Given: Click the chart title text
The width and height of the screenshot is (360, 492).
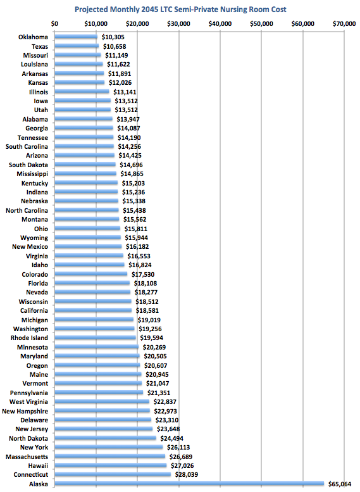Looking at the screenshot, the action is pos(180,9).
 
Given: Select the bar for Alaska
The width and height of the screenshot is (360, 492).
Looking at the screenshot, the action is pos(189,484).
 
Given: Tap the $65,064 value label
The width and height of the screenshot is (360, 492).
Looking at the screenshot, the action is pos(340,484).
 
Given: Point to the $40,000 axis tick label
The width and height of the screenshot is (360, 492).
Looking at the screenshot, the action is pos(220,24).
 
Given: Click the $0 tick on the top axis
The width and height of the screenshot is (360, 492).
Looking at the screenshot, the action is pos(54,24).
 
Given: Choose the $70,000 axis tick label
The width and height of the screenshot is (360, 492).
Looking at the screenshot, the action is pos(344,24).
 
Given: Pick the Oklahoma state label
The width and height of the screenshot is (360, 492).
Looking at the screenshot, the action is pos(34,37).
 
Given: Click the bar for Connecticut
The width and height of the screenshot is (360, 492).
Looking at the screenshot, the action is pos(113,474).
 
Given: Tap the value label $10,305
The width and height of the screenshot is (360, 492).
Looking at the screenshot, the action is pos(113,37).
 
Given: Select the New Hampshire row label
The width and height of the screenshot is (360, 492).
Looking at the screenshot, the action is pos(25,411).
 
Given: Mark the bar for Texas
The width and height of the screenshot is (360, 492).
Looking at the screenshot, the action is pos(77,46).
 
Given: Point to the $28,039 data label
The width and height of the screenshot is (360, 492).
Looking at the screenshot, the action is pos(186,474).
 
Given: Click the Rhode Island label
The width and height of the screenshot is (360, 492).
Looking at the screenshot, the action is pos(30,338).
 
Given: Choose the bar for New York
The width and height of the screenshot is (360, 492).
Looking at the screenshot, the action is pos(109,447).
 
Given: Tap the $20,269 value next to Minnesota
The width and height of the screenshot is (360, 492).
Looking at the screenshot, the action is pos(154,348).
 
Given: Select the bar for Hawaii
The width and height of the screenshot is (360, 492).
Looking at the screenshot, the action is pos(111,465).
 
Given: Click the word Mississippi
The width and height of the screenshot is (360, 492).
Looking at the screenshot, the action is pos(32,174).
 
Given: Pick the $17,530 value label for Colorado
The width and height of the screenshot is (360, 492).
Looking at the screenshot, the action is pos(143,275).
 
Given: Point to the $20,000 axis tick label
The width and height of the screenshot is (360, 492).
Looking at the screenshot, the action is pos(137,24).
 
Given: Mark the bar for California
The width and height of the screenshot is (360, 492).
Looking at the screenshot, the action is pos(94,310).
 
